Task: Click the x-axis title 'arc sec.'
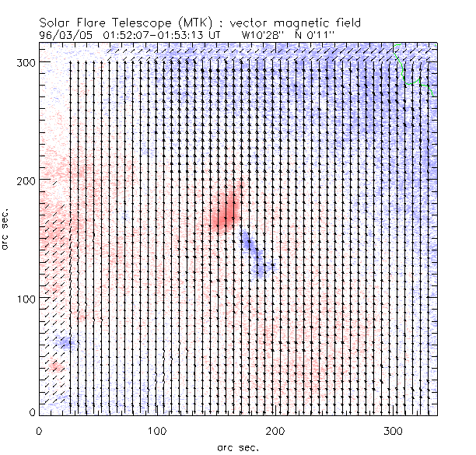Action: click(x=236, y=446)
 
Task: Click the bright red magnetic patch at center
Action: click(x=225, y=212)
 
